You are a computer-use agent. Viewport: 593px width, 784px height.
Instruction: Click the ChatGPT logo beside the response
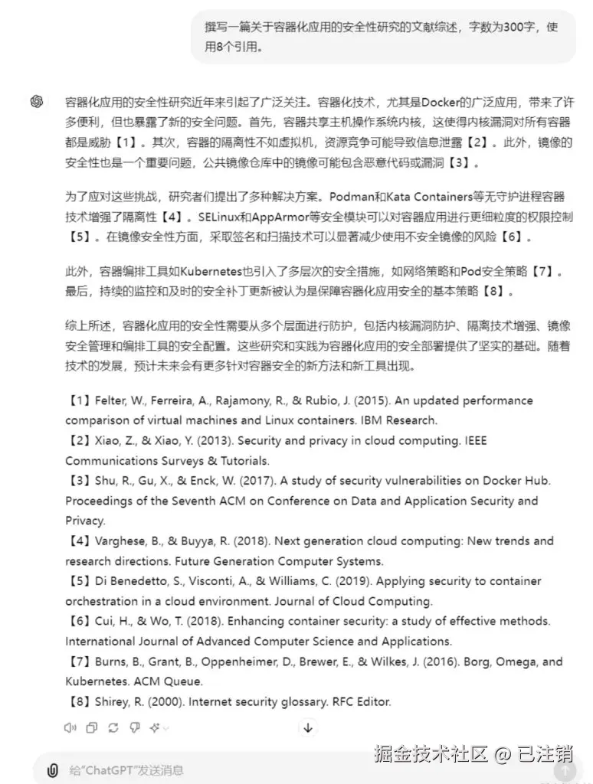(x=37, y=102)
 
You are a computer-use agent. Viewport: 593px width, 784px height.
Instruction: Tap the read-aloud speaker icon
(x=70, y=727)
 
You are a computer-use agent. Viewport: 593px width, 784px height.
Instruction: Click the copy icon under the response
(x=92, y=727)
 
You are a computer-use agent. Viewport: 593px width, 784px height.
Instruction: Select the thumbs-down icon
(x=135, y=727)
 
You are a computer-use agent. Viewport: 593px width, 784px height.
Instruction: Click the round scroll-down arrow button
(x=307, y=727)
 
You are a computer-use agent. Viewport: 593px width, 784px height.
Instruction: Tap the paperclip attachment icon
(x=52, y=769)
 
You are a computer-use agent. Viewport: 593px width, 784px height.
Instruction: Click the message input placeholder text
(x=126, y=770)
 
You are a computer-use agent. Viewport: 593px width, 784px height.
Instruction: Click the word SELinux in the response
(x=219, y=217)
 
